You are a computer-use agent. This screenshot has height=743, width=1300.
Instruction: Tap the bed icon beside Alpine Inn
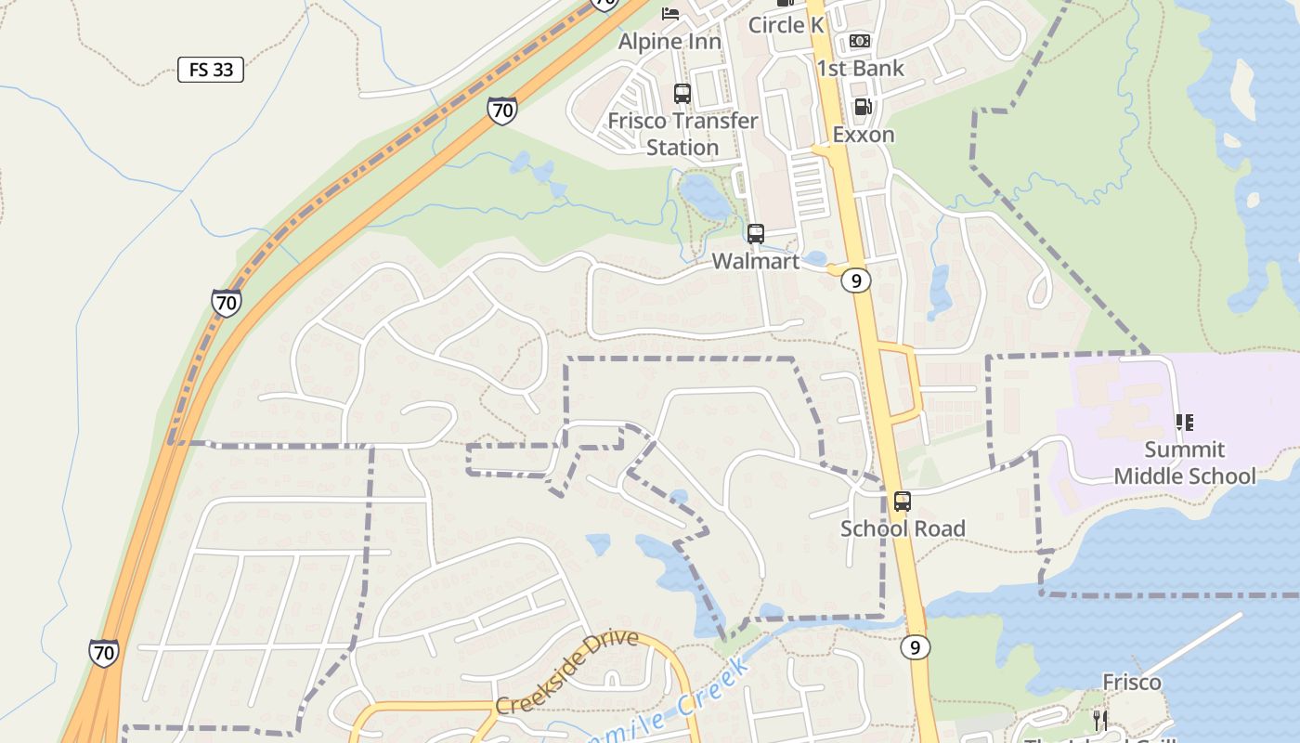coord(670,13)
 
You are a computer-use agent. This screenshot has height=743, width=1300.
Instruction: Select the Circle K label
coord(786,25)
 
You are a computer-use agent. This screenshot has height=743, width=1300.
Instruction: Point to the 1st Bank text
coord(860,68)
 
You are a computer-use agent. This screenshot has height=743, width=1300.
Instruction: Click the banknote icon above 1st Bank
coord(860,41)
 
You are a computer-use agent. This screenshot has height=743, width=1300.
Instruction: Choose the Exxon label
coord(863,135)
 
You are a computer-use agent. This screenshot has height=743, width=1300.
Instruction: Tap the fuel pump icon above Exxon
coord(863,107)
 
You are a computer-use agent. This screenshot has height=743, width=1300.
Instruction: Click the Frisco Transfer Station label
coord(682,134)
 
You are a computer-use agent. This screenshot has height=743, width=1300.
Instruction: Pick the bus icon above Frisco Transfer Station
coord(682,93)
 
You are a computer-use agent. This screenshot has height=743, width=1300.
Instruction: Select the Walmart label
coord(755,261)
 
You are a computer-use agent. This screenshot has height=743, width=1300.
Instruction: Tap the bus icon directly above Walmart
coord(756,234)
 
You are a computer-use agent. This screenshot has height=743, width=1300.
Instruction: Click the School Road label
coord(903,528)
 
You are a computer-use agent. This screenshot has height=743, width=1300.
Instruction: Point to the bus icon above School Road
coord(902,502)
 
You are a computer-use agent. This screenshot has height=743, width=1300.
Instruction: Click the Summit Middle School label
coord(1184,463)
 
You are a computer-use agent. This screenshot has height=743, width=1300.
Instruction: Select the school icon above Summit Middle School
coord(1184,423)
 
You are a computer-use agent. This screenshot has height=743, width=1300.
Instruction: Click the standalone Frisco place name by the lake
coord(1131,683)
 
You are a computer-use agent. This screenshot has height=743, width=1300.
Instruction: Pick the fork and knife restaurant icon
coord(1100,720)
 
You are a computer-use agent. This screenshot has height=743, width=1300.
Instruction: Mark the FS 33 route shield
coord(211,70)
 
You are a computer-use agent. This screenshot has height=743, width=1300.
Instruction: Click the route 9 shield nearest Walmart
coord(856,280)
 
